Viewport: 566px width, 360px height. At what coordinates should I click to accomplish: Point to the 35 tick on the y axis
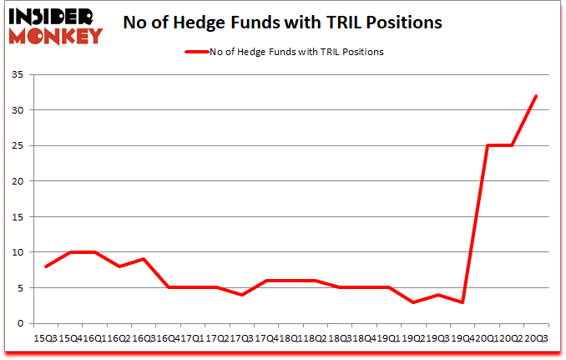click(18, 75)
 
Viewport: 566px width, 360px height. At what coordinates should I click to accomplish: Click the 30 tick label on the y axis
click(18, 110)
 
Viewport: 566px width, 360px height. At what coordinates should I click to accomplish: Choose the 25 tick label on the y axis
click(18, 146)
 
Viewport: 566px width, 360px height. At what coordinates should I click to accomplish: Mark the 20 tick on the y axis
click(18, 181)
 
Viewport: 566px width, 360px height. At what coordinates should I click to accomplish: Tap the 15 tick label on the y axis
click(18, 217)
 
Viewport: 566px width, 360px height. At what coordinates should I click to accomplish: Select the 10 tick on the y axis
click(18, 252)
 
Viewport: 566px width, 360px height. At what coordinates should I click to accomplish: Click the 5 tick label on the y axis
click(21, 288)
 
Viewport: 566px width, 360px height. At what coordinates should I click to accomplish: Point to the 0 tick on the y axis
click(21, 323)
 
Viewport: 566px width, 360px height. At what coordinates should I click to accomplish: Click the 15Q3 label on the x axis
click(45, 337)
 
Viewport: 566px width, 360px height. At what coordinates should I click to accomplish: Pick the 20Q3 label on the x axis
click(535, 337)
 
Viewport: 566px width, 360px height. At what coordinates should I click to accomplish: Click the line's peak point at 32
click(535, 96)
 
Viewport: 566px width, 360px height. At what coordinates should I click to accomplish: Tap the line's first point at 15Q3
click(45, 266)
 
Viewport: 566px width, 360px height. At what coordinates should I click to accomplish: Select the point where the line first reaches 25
click(487, 145)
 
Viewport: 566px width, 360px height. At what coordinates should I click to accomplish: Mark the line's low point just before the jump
click(462, 302)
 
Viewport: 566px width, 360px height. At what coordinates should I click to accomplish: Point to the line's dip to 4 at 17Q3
click(241, 295)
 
